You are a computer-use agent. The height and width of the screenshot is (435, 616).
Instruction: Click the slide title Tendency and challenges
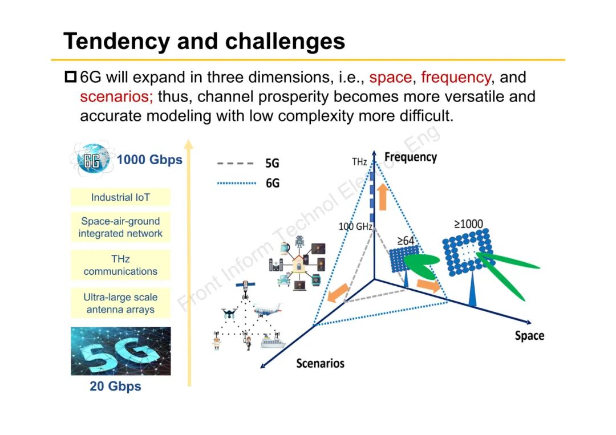[x=204, y=42]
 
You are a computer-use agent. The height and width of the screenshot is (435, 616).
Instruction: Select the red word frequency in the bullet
[x=455, y=77]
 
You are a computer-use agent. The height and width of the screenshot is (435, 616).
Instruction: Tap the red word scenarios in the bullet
[x=116, y=96]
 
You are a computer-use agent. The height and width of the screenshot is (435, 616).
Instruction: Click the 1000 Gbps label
[x=149, y=160]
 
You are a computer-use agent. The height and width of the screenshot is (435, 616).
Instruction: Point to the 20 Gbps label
[x=115, y=387]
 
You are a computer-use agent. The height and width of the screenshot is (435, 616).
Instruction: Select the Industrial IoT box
[x=120, y=197]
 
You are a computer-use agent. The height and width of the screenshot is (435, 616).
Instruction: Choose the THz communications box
[x=120, y=265]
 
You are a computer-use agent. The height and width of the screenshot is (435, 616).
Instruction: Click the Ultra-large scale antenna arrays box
[x=120, y=303]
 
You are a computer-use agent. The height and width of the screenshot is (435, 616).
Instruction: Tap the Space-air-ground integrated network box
[x=120, y=227]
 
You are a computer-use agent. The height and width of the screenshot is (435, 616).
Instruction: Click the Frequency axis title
[x=410, y=157]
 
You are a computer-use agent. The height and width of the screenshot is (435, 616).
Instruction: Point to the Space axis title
[x=529, y=335]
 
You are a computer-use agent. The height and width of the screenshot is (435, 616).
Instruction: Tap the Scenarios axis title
[x=320, y=363]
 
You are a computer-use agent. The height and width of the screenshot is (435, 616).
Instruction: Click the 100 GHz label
[x=355, y=226]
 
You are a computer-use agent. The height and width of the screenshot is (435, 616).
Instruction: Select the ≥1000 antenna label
[x=468, y=224]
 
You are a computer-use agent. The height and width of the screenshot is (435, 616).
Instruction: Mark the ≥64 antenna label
[x=406, y=241]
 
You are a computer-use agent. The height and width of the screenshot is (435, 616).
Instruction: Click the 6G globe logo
[x=92, y=160]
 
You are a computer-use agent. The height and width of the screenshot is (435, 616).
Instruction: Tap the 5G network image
[x=120, y=351]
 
